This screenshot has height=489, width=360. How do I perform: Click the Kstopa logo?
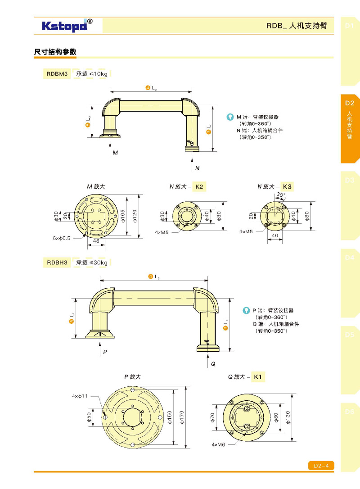67,25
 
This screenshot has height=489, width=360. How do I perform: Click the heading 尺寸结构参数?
55,52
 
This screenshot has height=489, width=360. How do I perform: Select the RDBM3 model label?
57,74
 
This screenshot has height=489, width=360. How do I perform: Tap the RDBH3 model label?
57,262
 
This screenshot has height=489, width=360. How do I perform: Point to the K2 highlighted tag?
200,186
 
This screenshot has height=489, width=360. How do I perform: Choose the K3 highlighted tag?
287,186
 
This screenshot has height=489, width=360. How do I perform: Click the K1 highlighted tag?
258,376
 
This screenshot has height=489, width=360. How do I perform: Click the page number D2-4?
321,466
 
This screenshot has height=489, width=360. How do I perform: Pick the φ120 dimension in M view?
135,215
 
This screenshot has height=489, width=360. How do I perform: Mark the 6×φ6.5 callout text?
61,237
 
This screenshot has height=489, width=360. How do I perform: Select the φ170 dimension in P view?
182,417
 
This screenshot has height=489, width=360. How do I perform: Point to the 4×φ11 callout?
80,396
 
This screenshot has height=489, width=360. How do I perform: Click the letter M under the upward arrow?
115,153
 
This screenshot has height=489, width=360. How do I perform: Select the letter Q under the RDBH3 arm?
213,364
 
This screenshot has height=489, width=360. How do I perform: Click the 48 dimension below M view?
96,241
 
